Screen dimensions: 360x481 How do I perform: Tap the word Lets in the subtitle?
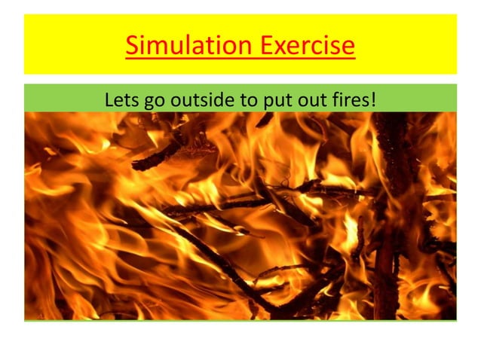[x=121, y=98]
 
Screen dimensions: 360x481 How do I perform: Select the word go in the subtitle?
[x=155, y=99]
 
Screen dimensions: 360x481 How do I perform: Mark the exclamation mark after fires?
[x=372, y=98]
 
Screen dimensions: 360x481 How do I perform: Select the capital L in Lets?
[x=109, y=98]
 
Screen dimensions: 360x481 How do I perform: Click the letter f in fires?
[x=332, y=98]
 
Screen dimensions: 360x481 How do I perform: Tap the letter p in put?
[x=262, y=100]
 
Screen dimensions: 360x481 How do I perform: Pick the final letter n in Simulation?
[x=246, y=48]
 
